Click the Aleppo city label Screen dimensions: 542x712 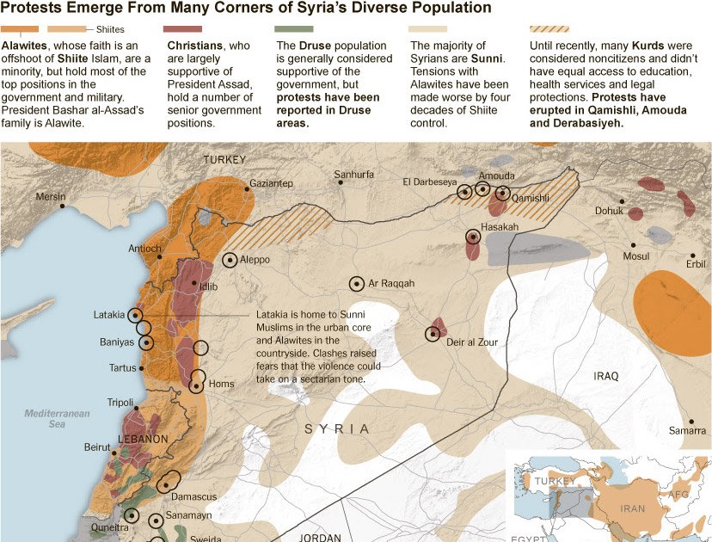click(x=255, y=260)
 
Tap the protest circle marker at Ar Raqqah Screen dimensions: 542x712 click(x=356, y=284)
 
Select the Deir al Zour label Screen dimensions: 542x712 click(x=472, y=342)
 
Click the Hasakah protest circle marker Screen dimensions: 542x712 click(x=472, y=237)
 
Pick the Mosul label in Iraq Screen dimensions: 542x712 click(x=636, y=256)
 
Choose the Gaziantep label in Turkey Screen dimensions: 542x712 click(x=271, y=184)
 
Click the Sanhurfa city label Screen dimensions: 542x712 click(x=353, y=175)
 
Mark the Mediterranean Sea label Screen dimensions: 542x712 click(x=57, y=419)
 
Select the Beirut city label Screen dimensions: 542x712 click(x=97, y=447)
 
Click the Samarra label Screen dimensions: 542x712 click(x=687, y=430)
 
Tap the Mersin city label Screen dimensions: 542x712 click(x=50, y=197)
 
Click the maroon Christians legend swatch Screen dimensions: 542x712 click(x=182, y=29)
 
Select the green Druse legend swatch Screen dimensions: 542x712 click(x=293, y=29)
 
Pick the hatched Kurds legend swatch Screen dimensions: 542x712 click(x=550, y=29)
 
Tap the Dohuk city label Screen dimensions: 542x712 click(x=609, y=210)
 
